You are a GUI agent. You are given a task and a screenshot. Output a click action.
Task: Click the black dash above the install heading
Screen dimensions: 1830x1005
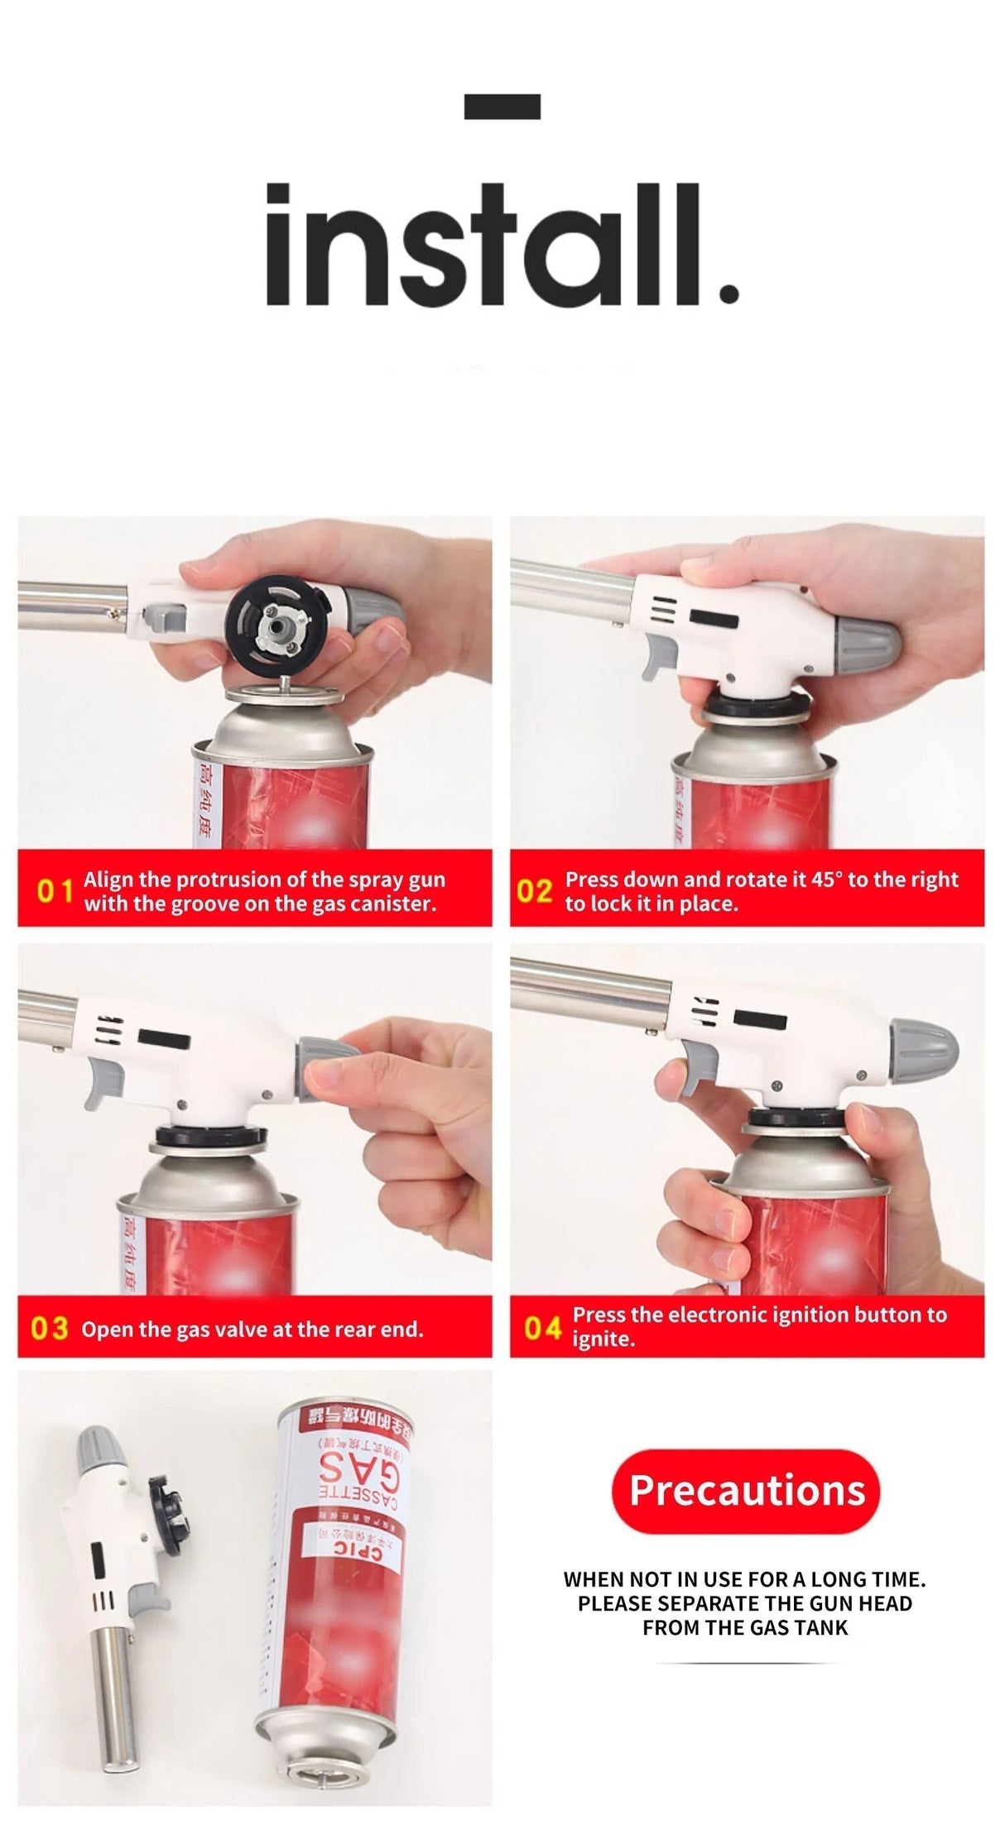coord(502,106)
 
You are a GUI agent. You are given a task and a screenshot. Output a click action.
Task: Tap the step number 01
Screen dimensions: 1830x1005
coord(55,892)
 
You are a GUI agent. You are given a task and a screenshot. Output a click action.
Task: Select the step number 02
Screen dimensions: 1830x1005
coord(534,892)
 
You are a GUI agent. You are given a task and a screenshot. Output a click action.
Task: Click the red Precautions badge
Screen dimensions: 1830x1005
coord(746,1491)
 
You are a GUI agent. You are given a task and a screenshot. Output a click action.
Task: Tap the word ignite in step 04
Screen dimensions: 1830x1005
coord(603,1339)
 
